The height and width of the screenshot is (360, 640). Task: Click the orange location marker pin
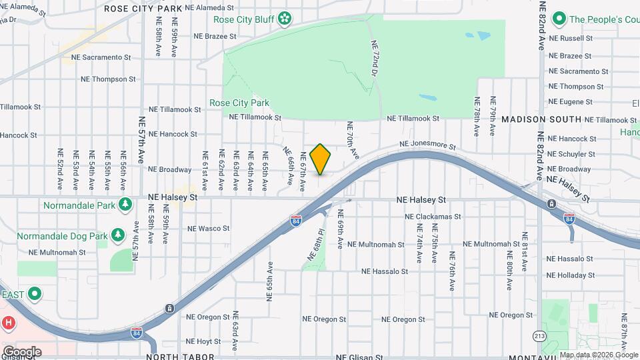coord(321,159)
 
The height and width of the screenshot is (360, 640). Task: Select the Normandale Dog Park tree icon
coord(117,235)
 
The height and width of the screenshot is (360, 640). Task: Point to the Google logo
coord(22,351)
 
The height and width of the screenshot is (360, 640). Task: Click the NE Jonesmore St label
coord(427,144)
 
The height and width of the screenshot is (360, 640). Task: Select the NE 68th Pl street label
coord(316,245)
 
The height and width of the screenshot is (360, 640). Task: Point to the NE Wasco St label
coord(208,229)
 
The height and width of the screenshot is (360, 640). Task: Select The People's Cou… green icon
coord(559,19)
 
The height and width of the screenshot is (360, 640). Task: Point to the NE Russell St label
coord(570,39)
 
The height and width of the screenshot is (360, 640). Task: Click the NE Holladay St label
coord(570,275)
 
